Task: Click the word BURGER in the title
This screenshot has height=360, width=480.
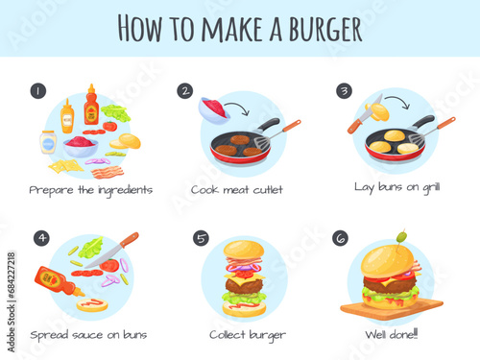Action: pyautogui.click(x=325, y=29)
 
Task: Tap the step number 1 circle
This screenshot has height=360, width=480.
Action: pyautogui.click(x=38, y=91)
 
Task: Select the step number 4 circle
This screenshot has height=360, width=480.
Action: pyautogui.click(x=41, y=238)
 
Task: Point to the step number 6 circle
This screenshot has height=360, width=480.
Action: pyautogui.click(x=341, y=238)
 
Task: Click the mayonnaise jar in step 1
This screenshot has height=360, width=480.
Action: pyautogui.click(x=48, y=142)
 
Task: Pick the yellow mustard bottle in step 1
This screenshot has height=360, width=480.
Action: pyautogui.click(x=67, y=116)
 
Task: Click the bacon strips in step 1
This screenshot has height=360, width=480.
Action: pyautogui.click(x=108, y=173)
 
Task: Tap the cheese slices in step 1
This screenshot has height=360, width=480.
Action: pyautogui.click(x=65, y=166)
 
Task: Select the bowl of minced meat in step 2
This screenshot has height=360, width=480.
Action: pyautogui.click(x=214, y=110)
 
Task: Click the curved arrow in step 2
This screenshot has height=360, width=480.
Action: pyautogui.click(x=238, y=107)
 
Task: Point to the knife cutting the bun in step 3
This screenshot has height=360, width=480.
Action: pyautogui.click(x=365, y=114)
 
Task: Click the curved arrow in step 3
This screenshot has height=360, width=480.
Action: pyautogui.click(x=398, y=100)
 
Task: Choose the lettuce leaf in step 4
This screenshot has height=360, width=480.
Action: pyautogui.click(x=91, y=248)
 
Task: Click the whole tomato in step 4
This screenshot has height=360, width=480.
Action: pyautogui.click(x=109, y=265)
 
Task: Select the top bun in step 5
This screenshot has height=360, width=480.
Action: pyautogui.click(x=244, y=250)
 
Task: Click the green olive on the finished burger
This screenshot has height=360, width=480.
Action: pyautogui.click(x=401, y=237)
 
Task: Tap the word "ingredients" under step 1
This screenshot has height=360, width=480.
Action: pyautogui.click(x=125, y=191)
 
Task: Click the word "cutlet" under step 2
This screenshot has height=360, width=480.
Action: pyautogui.click(x=268, y=190)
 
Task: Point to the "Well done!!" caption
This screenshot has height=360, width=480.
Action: pyautogui.click(x=392, y=334)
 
